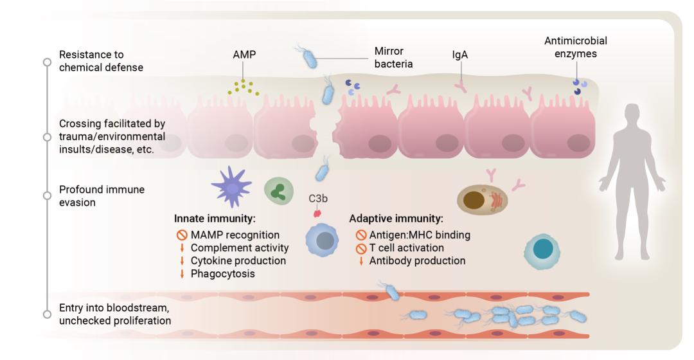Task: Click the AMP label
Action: pos(244,55)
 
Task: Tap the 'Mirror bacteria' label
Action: pos(393,57)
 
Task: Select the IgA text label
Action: pos(459,56)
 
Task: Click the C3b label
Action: pos(317,198)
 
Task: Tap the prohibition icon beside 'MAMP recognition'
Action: pos(182,235)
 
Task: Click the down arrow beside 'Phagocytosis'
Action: pos(182,274)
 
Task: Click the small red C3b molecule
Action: pos(316,213)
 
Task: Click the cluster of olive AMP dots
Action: pos(243,87)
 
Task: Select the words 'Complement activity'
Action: pos(239,248)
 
